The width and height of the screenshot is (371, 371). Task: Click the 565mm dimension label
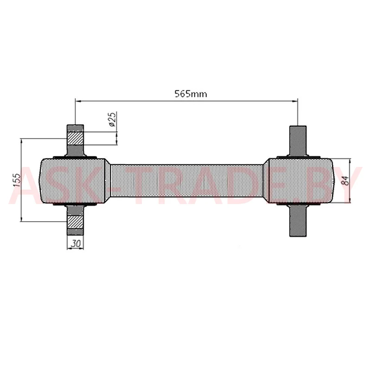point(191,94)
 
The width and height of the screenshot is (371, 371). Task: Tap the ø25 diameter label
point(113,119)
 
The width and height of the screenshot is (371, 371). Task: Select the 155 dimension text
point(17,180)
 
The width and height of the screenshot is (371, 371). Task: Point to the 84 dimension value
point(345,180)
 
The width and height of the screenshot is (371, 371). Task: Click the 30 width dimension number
point(76,243)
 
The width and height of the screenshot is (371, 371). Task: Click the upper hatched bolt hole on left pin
point(76,138)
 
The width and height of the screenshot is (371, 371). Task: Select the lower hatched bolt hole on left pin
point(76,222)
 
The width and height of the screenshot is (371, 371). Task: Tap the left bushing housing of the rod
point(75,180)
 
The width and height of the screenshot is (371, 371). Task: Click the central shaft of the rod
point(187,180)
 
